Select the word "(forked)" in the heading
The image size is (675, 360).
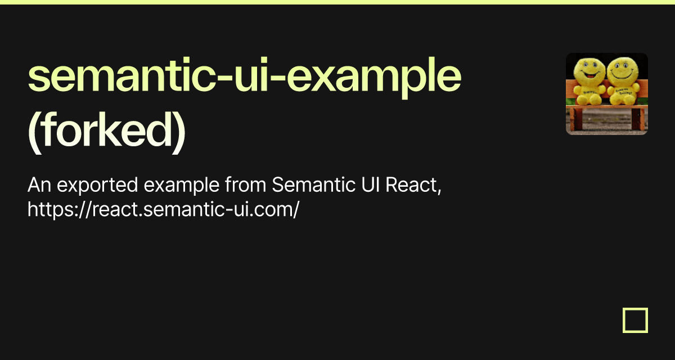click(x=106, y=133)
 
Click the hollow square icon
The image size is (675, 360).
click(x=635, y=320)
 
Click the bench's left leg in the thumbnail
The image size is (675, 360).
click(x=577, y=120)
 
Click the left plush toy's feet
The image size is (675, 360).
click(x=588, y=102)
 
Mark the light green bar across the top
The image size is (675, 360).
click(x=337, y=2)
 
